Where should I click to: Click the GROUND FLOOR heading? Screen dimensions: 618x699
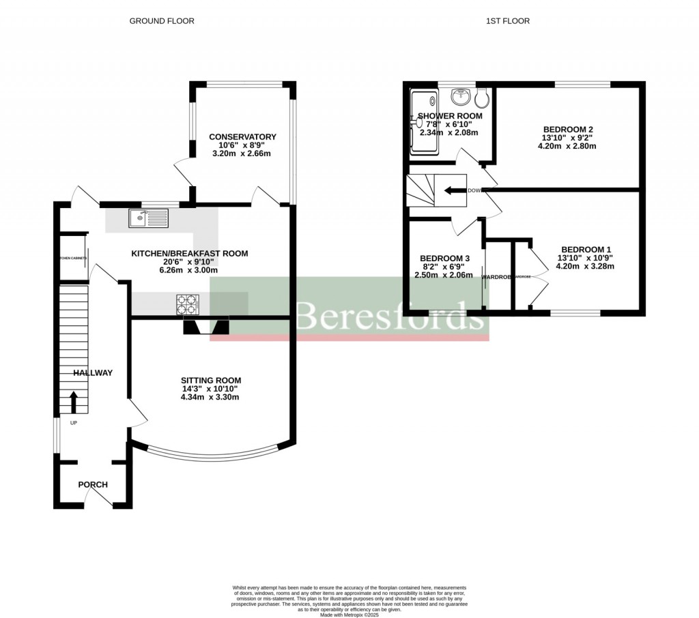(x=162, y=21)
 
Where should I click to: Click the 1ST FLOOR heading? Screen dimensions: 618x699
(x=507, y=21)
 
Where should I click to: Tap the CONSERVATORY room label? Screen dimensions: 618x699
(x=242, y=137)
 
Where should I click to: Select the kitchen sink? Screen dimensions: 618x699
(x=148, y=218)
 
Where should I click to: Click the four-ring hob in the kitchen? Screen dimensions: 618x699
(x=186, y=304)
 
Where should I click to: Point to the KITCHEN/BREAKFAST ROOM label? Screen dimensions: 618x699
(x=189, y=254)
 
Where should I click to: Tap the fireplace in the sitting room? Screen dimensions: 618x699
(x=205, y=328)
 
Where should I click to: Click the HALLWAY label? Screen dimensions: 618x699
(x=93, y=373)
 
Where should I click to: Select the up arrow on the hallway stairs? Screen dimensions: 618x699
(x=73, y=401)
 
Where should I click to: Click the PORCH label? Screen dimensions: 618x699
(x=93, y=485)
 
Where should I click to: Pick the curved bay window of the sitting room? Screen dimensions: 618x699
(x=212, y=454)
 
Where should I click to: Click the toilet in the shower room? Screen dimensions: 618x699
(x=483, y=98)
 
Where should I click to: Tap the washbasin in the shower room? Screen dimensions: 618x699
(x=464, y=96)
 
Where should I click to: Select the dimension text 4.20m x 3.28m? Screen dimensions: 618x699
(x=586, y=267)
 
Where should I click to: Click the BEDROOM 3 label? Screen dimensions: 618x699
(x=444, y=259)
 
